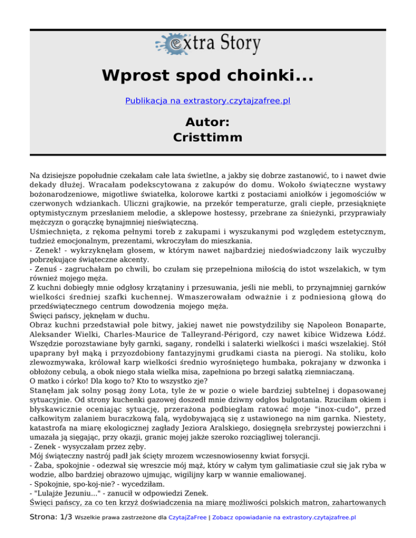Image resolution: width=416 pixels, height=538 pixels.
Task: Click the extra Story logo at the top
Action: (x=207, y=43)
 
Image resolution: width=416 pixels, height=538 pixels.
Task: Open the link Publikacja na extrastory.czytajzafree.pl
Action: (x=207, y=101)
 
